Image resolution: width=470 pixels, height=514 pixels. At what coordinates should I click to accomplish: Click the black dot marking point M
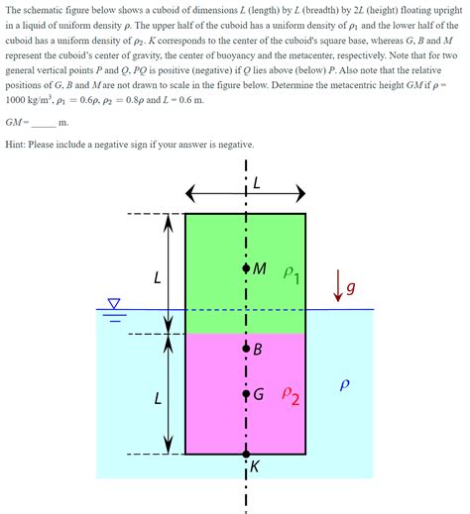[x=245, y=268]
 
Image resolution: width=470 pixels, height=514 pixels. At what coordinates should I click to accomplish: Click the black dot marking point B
[x=245, y=349]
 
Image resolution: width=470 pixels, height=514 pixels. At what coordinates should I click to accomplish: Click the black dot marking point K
[x=245, y=455]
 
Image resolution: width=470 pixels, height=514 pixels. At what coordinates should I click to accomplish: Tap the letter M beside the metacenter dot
[x=260, y=268]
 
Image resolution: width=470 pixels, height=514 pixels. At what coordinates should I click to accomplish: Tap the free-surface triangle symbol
[x=115, y=304]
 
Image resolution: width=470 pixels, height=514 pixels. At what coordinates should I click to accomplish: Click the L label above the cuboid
[x=258, y=183]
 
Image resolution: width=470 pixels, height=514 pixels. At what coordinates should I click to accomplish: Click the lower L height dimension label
[x=157, y=400]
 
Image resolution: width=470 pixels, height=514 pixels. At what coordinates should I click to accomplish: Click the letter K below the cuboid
[x=254, y=467]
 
